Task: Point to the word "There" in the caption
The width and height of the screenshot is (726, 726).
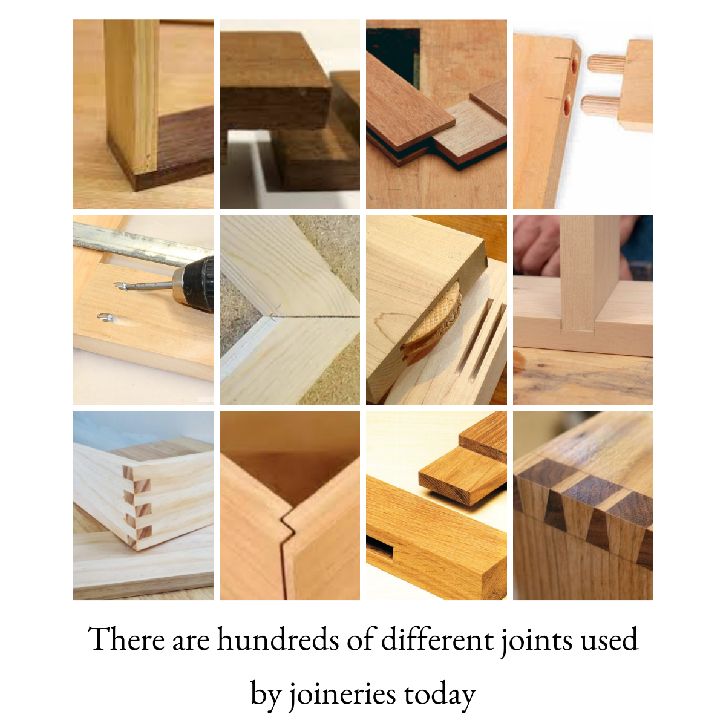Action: [125, 639]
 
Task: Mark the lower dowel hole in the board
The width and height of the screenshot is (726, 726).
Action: [567, 107]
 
